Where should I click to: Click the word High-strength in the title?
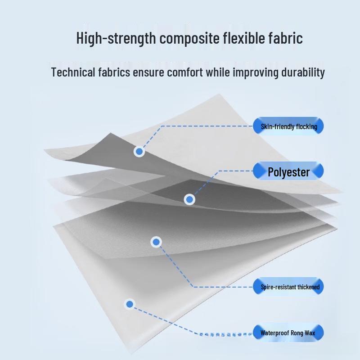tap(116, 38)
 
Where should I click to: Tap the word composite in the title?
tap(189, 39)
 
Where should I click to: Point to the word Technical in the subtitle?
tap(73, 72)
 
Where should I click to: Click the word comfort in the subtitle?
tap(185, 72)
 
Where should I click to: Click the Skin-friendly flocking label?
tap(288, 126)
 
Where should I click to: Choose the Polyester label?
tap(288, 171)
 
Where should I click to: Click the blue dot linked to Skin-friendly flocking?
tap(139, 152)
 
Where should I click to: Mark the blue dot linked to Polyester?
tap(189, 199)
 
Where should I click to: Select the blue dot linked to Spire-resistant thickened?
tap(156, 242)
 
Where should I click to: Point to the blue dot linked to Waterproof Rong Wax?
tap(130, 304)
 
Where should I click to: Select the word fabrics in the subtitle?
tap(114, 72)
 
